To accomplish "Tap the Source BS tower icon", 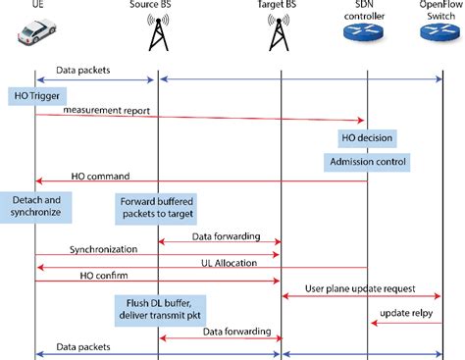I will (x=157, y=34).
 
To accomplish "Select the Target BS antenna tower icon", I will (x=281, y=34).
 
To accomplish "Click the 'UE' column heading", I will (x=36, y=5).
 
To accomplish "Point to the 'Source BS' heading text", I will (x=157, y=5).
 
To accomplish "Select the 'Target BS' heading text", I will (x=281, y=5).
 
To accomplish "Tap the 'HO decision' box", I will (x=367, y=137).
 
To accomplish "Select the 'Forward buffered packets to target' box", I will (x=157, y=207).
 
